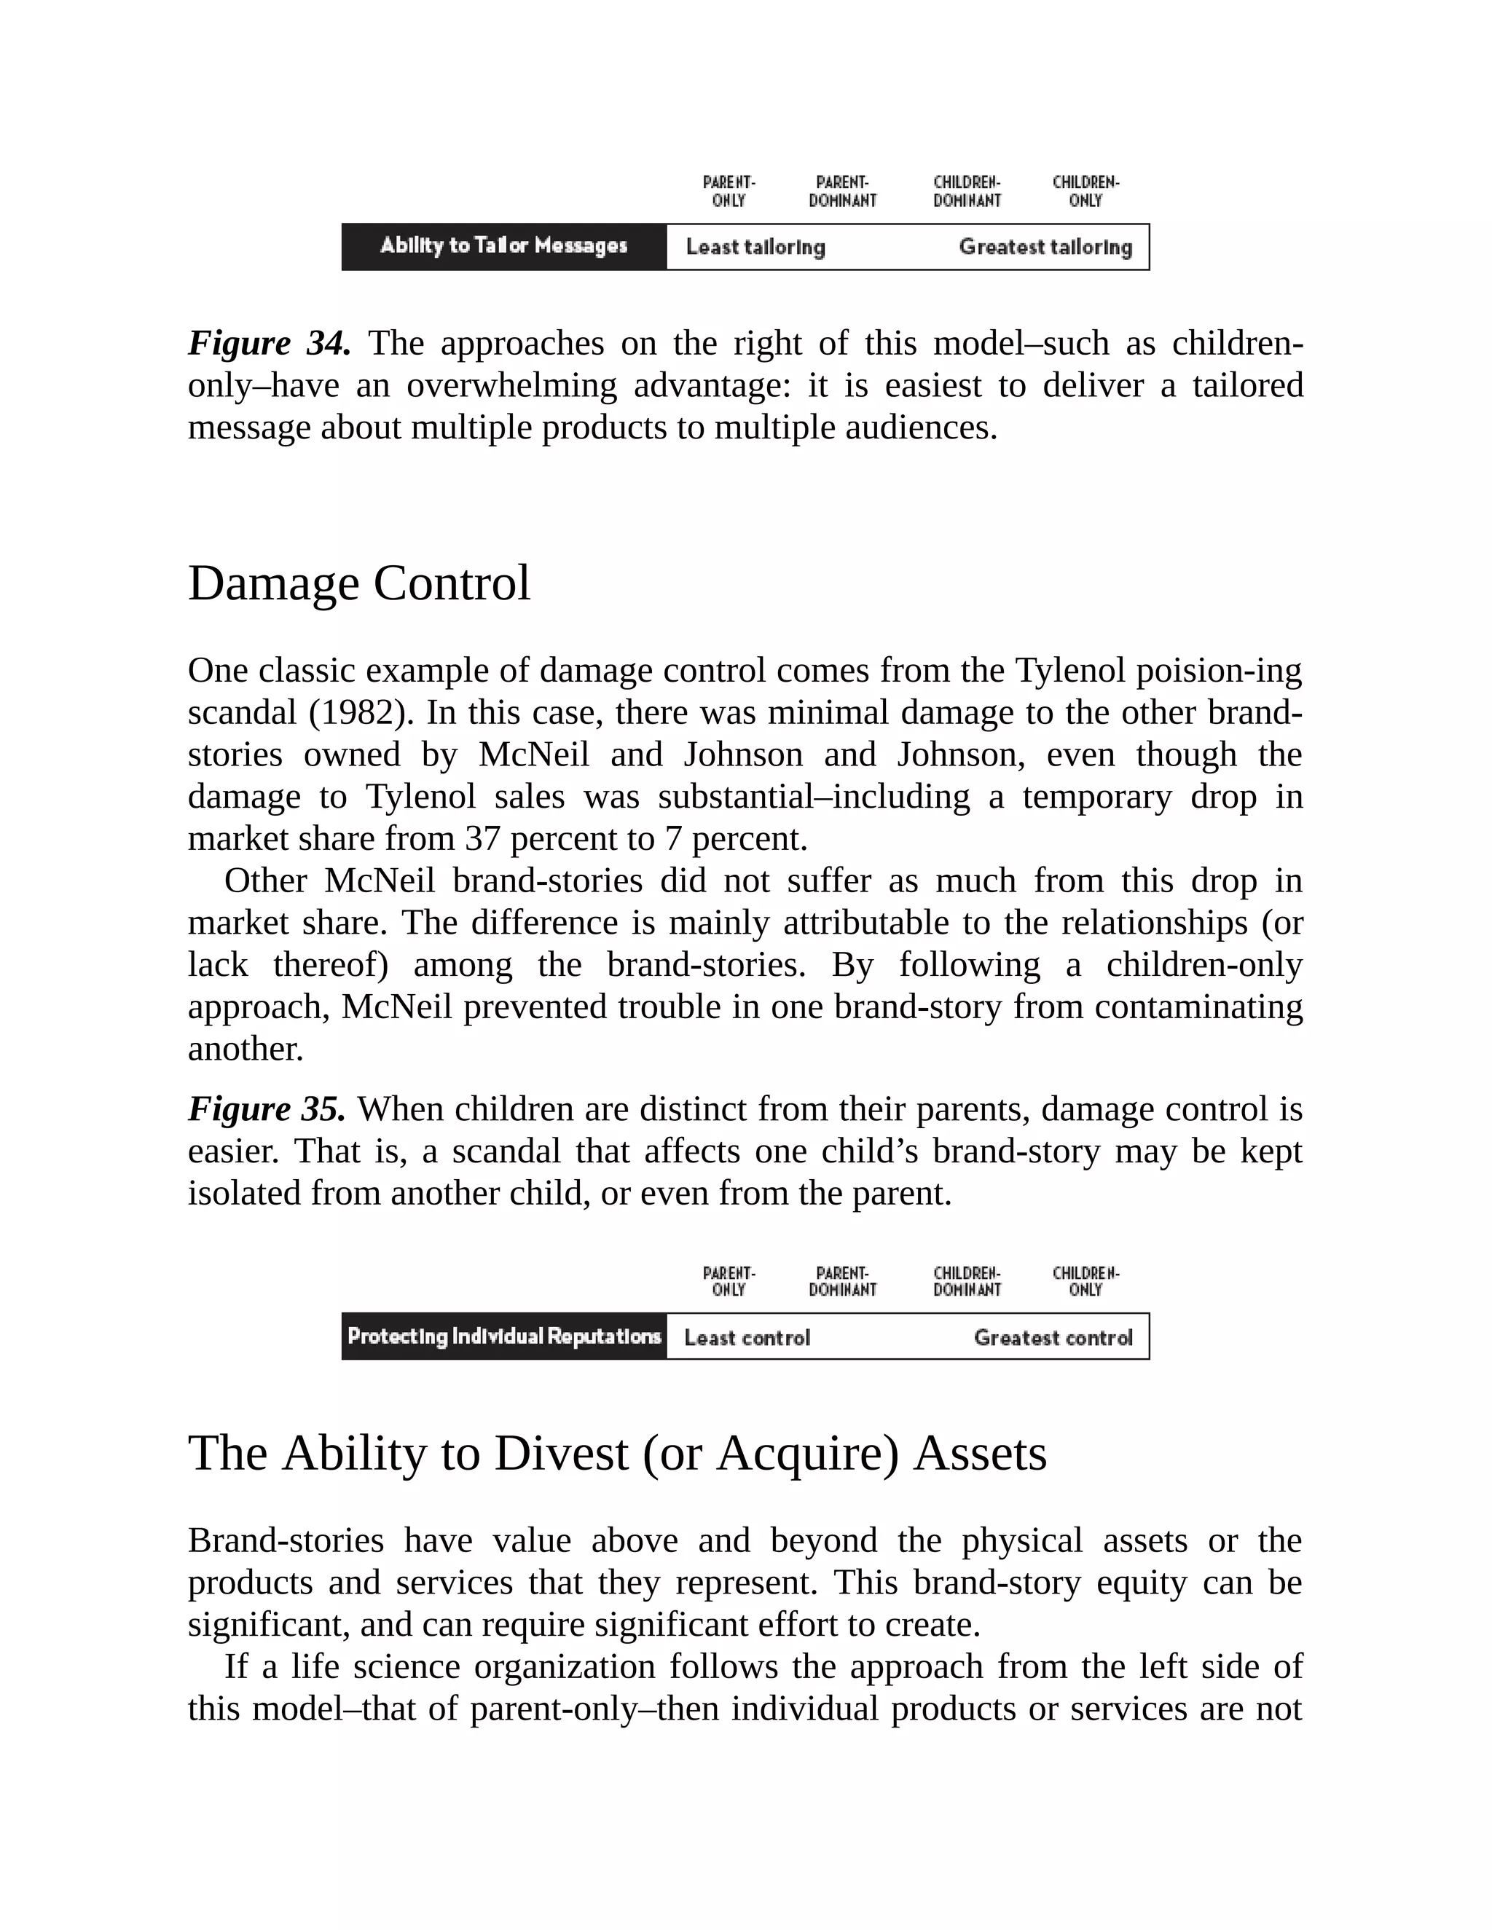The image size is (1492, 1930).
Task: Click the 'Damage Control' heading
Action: coord(359,584)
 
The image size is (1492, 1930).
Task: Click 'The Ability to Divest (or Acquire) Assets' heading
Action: coord(617,1454)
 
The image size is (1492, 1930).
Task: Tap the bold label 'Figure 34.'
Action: coord(269,343)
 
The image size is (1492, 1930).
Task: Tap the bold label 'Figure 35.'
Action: coord(266,1109)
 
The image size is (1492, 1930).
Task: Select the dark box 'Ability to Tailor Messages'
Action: coord(504,247)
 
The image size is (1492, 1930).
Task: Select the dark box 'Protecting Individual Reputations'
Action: coord(504,1336)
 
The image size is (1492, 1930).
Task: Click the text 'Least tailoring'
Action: coord(755,248)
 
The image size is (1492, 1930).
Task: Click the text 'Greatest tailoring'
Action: coord(1045,248)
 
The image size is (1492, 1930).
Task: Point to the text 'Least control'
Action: coord(747,1338)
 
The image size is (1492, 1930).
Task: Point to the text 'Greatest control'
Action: coord(1053,1338)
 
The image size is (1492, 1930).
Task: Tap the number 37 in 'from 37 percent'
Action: coord(482,838)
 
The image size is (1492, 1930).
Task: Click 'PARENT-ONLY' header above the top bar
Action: coord(729,192)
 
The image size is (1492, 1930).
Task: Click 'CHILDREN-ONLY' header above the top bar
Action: coord(1085,192)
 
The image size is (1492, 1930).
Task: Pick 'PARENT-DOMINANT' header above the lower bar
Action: coord(842,1281)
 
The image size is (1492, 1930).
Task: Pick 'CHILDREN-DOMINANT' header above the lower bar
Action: coord(967,1281)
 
